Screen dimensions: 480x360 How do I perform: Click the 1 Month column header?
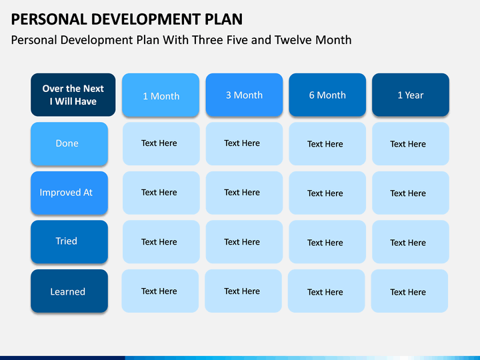[x=161, y=95]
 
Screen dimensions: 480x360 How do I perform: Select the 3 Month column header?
[x=244, y=95]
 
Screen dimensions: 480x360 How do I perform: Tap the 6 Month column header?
[x=327, y=95]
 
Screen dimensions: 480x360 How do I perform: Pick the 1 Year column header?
[x=411, y=95]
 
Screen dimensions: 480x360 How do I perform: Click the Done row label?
[x=69, y=144]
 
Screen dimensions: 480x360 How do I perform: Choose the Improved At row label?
[x=69, y=193]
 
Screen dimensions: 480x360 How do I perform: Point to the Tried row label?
[x=69, y=242]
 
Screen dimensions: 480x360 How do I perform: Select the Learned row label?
[x=69, y=291]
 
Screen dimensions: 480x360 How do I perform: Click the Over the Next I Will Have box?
[x=73, y=95]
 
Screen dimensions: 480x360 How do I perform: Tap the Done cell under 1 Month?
[x=161, y=144]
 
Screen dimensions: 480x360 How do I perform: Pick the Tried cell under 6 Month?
[x=327, y=242]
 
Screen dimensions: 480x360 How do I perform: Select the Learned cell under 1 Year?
[x=409, y=291]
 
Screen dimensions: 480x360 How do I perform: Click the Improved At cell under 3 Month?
[x=244, y=193]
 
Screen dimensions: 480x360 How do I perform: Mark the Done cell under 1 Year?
[x=411, y=144]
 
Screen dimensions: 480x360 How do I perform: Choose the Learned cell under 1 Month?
[x=160, y=291]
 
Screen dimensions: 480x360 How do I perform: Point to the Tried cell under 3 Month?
[x=244, y=242]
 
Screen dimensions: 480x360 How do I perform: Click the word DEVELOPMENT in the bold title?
[x=146, y=19]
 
